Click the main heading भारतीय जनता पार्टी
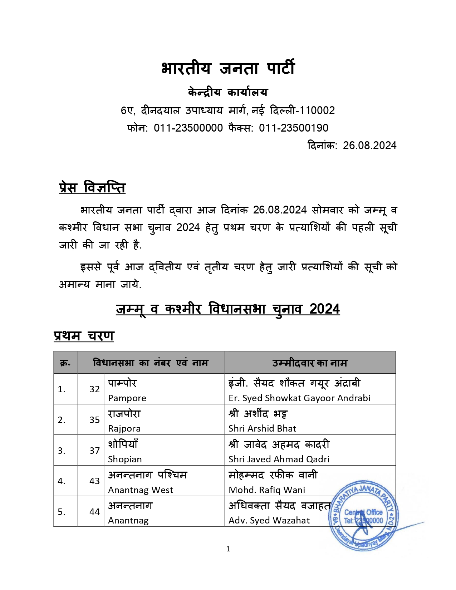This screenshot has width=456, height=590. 228,68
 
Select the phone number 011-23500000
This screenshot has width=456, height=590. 188,128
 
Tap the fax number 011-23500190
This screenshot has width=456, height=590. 293,128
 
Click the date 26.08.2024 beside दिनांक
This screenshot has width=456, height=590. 369,146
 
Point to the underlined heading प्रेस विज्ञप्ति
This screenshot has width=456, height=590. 92,188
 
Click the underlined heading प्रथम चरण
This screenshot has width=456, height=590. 84,336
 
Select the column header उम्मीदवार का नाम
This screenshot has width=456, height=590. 310,363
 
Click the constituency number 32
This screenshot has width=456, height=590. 94,389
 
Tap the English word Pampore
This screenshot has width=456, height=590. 127,398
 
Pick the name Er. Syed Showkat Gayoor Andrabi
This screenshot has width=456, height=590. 299,398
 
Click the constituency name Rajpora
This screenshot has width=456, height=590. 124,428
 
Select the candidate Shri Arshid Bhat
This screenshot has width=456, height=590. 262,428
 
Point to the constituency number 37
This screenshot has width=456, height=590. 94,451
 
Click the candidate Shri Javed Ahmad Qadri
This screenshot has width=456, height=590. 279,459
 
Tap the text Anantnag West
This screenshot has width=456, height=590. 141,490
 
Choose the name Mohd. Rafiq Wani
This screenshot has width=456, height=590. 267,490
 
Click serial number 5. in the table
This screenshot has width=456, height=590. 62,512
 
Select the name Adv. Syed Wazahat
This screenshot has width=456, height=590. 269,520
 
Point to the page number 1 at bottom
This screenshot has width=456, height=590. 228,549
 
